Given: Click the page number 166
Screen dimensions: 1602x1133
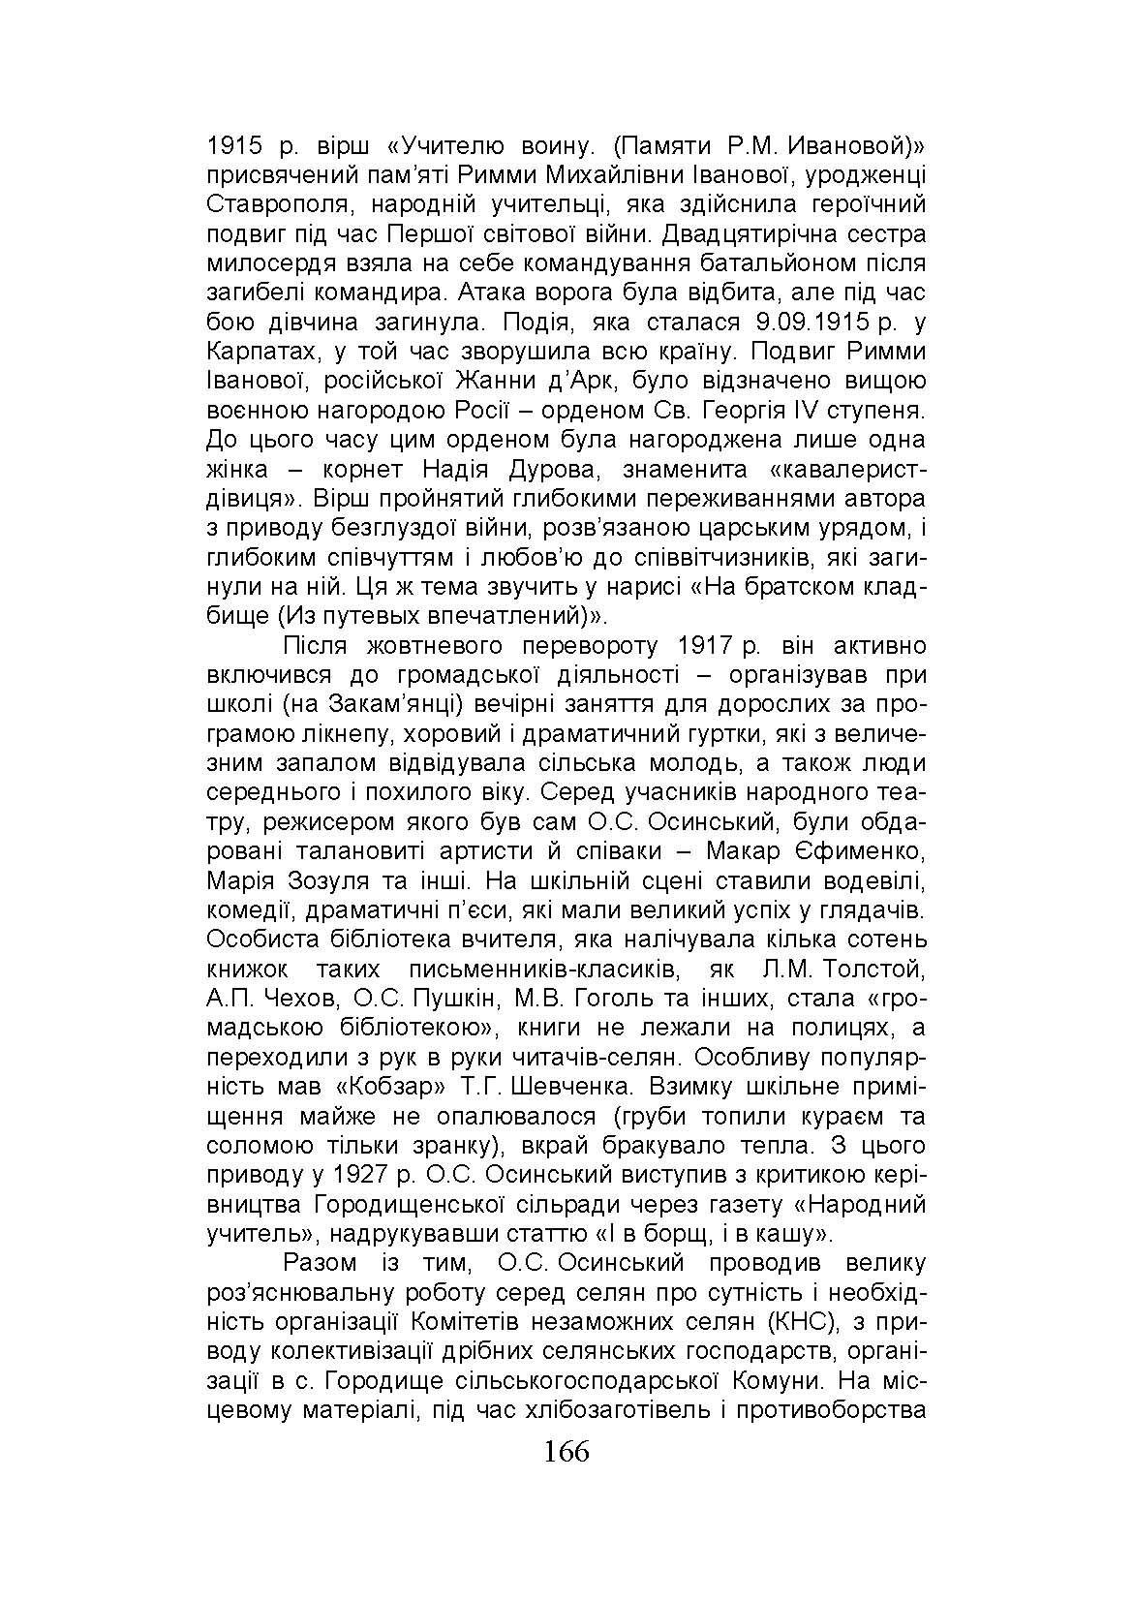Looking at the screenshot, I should pos(566,1453).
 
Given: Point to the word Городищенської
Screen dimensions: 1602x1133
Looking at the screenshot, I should pos(407,1205).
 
